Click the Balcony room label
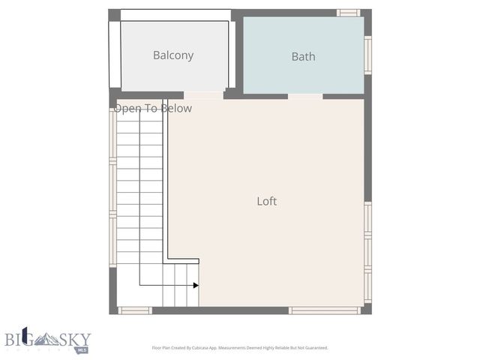coord(173,55)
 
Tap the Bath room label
coord(303,56)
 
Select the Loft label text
coord(267,201)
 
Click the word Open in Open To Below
coord(127,109)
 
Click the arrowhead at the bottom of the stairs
coord(196,285)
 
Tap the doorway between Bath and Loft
coord(305,96)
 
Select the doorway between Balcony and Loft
coord(203,95)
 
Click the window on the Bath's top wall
coord(348,13)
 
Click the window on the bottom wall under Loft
coord(324,310)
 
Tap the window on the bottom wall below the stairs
coord(135,310)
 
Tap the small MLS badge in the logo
coord(82,349)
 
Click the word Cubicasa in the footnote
coord(218,348)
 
